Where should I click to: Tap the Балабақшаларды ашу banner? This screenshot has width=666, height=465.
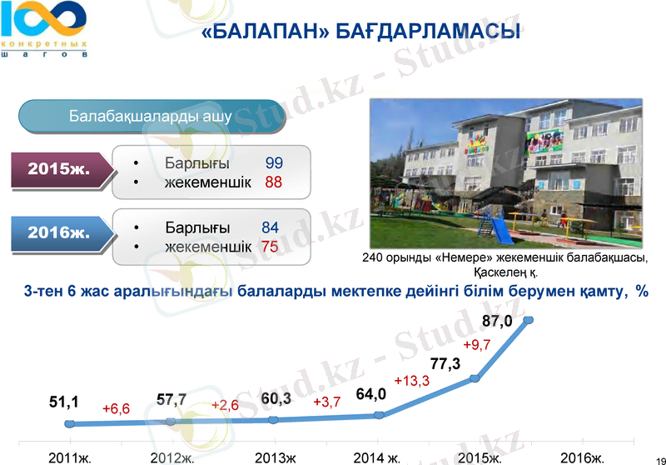[150, 116]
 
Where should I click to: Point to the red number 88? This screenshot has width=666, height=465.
[274, 182]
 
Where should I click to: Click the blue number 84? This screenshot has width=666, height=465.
[270, 227]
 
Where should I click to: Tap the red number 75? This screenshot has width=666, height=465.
[270, 247]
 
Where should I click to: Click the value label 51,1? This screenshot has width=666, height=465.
[64, 402]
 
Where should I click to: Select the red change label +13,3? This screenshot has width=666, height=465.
[411, 381]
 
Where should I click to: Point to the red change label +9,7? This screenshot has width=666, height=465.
[477, 345]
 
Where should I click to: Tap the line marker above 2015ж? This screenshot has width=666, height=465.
[475, 378]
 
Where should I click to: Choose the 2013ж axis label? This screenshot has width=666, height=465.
[275, 457]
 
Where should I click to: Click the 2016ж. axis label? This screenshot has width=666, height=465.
[582, 457]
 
